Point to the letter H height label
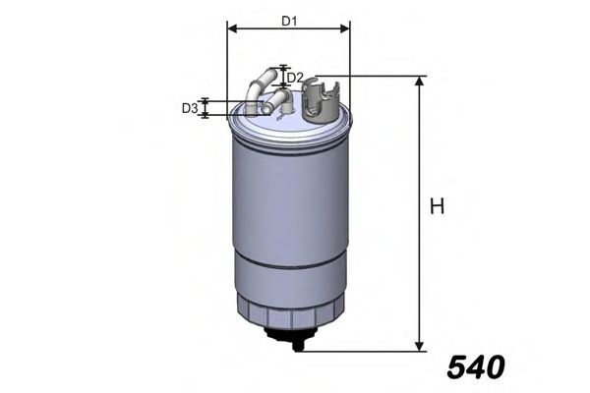(x=438, y=207)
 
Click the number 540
(x=475, y=366)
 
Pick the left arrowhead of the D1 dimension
(x=231, y=28)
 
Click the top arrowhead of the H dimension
(x=421, y=82)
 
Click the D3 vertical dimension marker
(x=205, y=108)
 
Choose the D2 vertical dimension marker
(x=284, y=77)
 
